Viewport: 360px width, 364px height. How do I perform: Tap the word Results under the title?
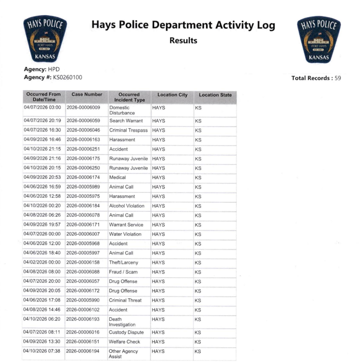[183, 41]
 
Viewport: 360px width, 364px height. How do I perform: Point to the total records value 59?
[338, 78]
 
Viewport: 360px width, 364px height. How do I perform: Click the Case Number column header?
[87, 95]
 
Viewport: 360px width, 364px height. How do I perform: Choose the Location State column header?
[215, 95]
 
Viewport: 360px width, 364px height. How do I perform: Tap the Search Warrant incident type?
[126, 121]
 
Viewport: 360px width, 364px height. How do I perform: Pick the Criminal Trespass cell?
[128, 130]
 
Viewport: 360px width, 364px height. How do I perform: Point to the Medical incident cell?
[118, 177]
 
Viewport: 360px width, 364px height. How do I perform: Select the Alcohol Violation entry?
[127, 206]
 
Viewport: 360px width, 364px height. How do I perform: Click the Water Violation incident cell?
[125, 234]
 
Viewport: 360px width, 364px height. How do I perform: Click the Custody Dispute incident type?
[127, 332]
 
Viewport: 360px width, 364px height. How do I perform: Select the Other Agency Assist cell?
[124, 354]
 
